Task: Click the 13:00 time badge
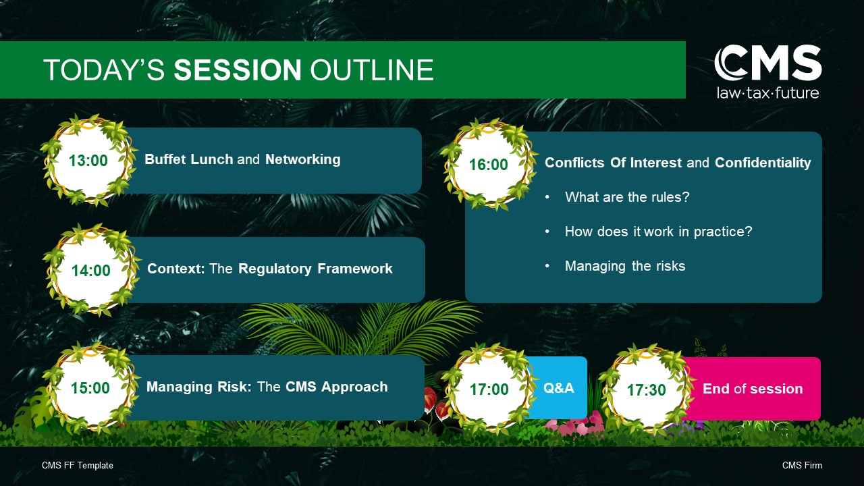[88, 161]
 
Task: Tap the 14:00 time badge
[91, 270]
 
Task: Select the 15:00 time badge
[90, 387]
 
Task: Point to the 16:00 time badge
[489, 165]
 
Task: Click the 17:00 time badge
[489, 389]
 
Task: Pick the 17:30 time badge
[647, 389]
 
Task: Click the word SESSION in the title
[238, 70]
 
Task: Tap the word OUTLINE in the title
[372, 70]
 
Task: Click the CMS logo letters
[767, 63]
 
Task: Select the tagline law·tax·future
[767, 93]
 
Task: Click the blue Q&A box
[558, 387]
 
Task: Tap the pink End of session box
[753, 388]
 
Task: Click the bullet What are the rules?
[627, 197]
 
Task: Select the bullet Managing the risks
[625, 266]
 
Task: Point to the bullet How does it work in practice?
[658, 232]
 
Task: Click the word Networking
[303, 159]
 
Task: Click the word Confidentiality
[763, 163]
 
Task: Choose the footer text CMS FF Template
[78, 466]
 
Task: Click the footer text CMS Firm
[802, 466]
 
